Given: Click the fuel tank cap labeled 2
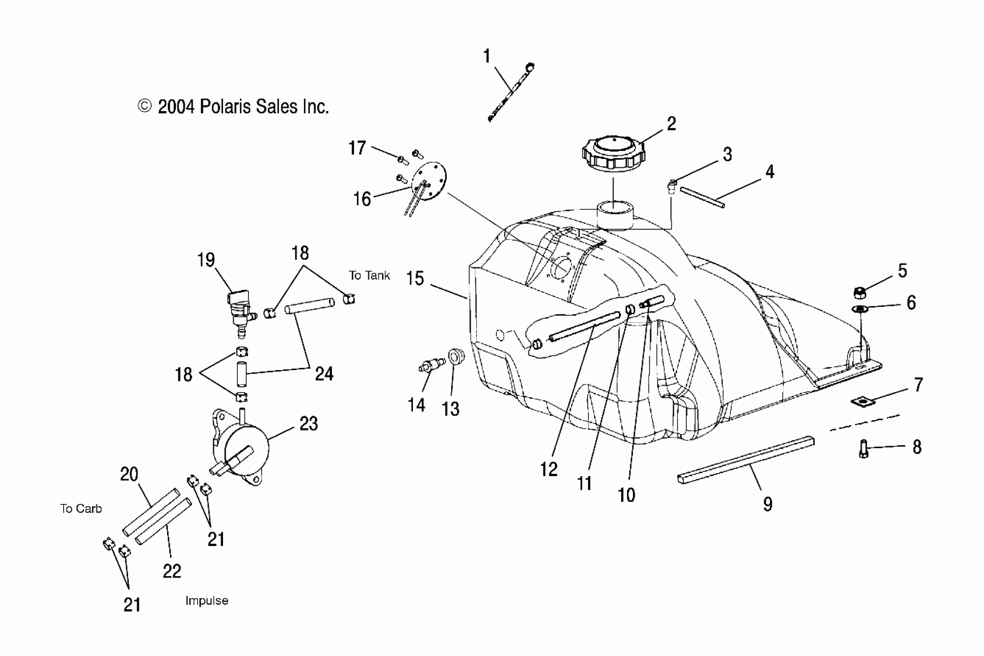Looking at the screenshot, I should (613, 154).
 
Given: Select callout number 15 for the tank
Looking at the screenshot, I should (415, 279).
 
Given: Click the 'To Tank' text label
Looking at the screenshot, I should (369, 275).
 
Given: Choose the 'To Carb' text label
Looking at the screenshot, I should (81, 509).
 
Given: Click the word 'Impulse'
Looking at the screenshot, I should (207, 601).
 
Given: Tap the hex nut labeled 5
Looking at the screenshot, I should (859, 293).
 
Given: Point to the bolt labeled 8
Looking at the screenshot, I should (864, 449).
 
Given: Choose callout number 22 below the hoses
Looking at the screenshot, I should (172, 571).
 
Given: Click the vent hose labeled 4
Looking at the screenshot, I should (702, 197).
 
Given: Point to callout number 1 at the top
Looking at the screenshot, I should (487, 56).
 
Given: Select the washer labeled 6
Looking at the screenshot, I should (859, 309).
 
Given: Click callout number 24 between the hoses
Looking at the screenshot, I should (324, 374).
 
